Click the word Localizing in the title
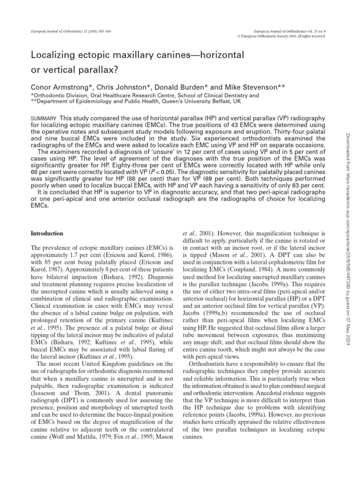52,55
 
